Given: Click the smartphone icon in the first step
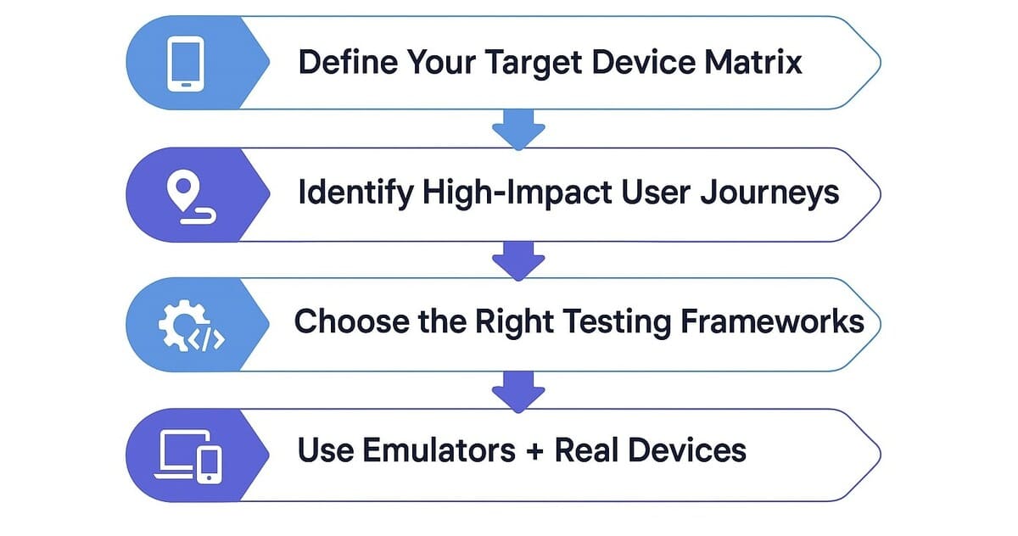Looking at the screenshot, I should click(x=186, y=63).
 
